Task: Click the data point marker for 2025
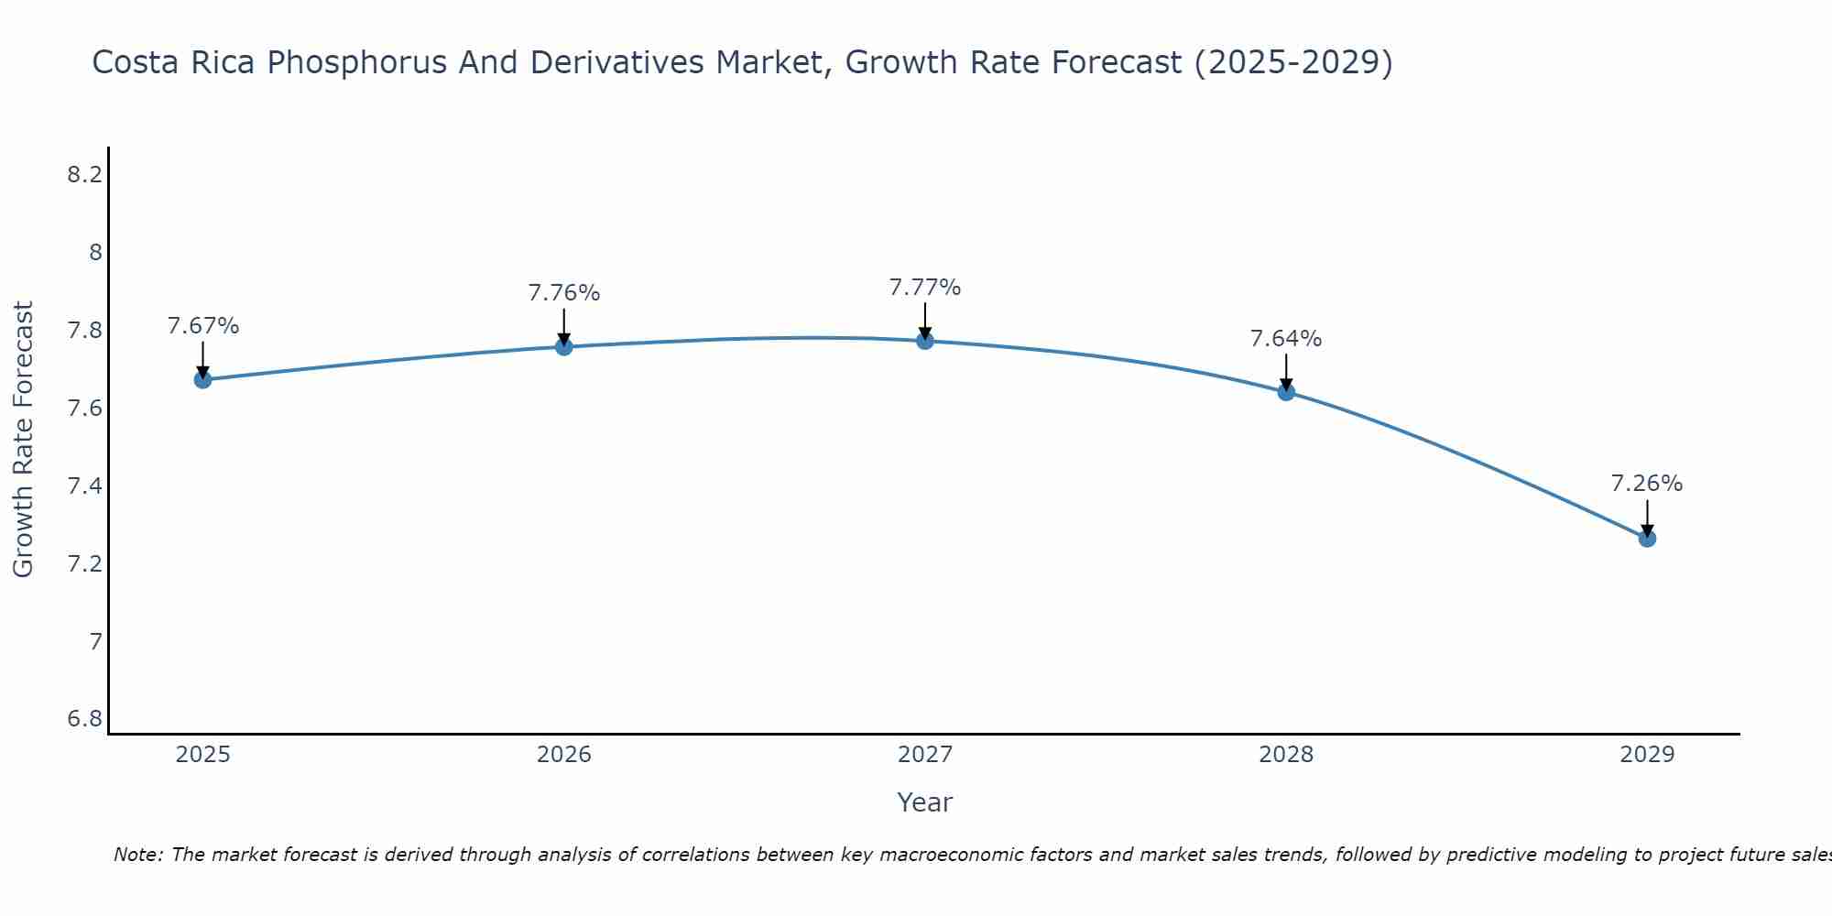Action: click(202, 379)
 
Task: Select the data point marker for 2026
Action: click(564, 346)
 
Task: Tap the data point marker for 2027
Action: click(925, 341)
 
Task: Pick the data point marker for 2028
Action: click(1286, 392)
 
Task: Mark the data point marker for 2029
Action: click(1647, 539)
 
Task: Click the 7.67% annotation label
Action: click(202, 326)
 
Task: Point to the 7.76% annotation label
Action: click(564, 293)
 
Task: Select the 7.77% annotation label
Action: click(925, 288)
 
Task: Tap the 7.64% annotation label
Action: click(1286, 339)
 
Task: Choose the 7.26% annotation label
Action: click(1647, 484)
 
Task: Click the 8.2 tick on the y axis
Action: click(84, 174)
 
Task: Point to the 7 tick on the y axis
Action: click(95, 641)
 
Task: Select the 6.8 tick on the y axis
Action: click(84, 719)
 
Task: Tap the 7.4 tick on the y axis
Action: click(84, 485)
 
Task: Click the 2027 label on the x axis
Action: click(925, 755)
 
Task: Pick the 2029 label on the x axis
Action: click(1647, 755)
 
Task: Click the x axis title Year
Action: click(925, 802)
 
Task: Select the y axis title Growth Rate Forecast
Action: click(23, 440)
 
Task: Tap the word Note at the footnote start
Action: click(137, 855)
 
